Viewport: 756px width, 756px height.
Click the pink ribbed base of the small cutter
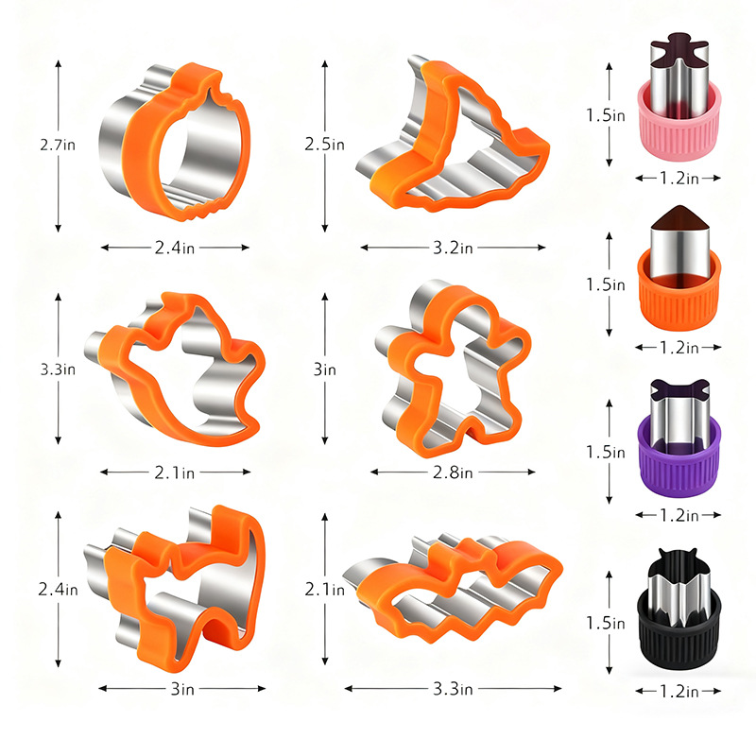coord(679,135)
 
